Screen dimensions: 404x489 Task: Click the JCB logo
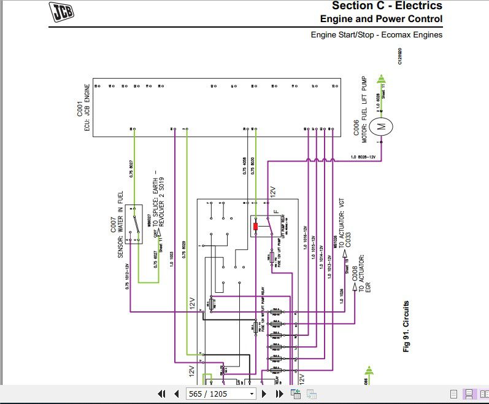[x=67, y=11]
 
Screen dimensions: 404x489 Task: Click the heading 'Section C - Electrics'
[x=387, y=6]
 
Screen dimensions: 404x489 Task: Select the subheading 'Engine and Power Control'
[x=381, y=19]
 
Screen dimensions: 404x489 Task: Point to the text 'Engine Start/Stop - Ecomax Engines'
[x=376, y=35]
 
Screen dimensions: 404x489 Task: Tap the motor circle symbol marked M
[x=381, y=127]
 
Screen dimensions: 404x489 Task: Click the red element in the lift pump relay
[x=256, y=227]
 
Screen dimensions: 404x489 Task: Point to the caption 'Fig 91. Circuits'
[x=406, y=325]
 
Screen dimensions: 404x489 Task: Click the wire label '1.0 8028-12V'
[x=363, y=158]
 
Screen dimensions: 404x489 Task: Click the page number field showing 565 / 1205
[x=220, y=394]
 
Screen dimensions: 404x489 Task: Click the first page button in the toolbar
[x=162, y=394]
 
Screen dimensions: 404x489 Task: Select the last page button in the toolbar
[x=279, y=394]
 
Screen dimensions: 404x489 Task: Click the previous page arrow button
[x=177, y=394]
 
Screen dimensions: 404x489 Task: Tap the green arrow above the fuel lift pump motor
[x=380, y=80]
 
